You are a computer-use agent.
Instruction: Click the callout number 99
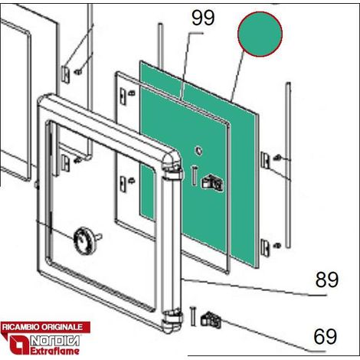(x=203, y=18)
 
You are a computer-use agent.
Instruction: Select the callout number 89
(x=327, y=280)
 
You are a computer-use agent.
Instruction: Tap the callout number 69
(x=326, y=336)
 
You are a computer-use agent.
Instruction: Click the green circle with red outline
(x=260, y=34)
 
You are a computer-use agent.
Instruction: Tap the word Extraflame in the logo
(x=55, y=351)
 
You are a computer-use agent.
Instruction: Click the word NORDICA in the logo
(x=55, y=341)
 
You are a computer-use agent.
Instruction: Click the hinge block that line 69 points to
(x=211, y=319)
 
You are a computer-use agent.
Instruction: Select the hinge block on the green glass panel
(x=212, y=182)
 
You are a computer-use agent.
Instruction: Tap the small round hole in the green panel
(x=198, y=151)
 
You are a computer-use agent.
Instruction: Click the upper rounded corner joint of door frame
(x=172, y=162)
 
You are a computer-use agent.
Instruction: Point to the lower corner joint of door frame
(x=172, y=321)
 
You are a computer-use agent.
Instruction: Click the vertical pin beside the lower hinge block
(x=193, y=316)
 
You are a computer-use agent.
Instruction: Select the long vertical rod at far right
(x=288, y=165)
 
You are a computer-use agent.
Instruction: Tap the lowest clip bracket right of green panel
(x=266, y=247)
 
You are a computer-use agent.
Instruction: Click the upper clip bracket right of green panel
(x=265, y=160)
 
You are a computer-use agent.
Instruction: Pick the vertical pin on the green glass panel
(x=194, y=175)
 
